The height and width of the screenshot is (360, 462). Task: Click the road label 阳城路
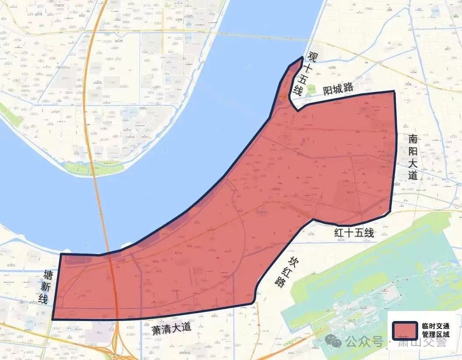338,88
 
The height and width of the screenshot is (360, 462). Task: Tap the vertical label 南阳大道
413,157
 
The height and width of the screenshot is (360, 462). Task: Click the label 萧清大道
172,329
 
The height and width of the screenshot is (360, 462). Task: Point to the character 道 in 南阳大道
413,176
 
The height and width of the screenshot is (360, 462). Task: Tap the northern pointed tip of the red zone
302,57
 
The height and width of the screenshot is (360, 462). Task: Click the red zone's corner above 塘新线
61,254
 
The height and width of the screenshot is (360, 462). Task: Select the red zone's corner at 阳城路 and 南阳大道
395,92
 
